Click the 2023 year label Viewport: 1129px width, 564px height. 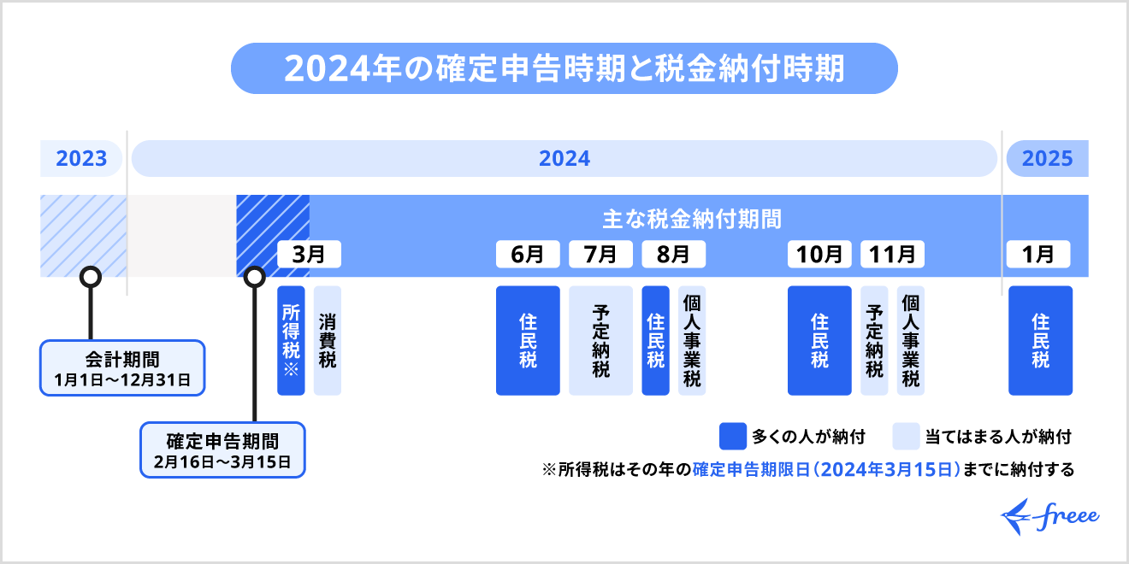[x=81, y=159]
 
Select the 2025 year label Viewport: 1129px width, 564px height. [x=1047, y=159]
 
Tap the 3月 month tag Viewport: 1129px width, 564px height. [x=309, y=254]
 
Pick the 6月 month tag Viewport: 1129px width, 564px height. [x=528, y=254]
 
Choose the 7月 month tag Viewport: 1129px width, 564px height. [x=600, y=254]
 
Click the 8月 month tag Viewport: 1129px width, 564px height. [x=673, y=254]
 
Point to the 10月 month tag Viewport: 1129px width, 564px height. [x=819, y=254]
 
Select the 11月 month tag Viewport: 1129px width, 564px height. [x=892, y=254]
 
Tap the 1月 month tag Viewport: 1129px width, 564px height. [x=1039, y=254]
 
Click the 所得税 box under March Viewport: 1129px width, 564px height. [x=291, y=340]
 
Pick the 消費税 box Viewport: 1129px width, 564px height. [x=327, y=340]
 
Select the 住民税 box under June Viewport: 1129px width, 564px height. [x=528, y=340]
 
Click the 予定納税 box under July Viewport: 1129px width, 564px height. [x=600, y=340]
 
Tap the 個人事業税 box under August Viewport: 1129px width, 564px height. [x=692, y=340]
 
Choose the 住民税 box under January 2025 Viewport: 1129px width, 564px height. [x=1040, y=340]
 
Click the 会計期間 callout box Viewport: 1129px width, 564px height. [x=122, y=367]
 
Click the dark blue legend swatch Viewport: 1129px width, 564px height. [x=733, y=437]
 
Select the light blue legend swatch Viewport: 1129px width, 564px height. [x=905, y=437]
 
